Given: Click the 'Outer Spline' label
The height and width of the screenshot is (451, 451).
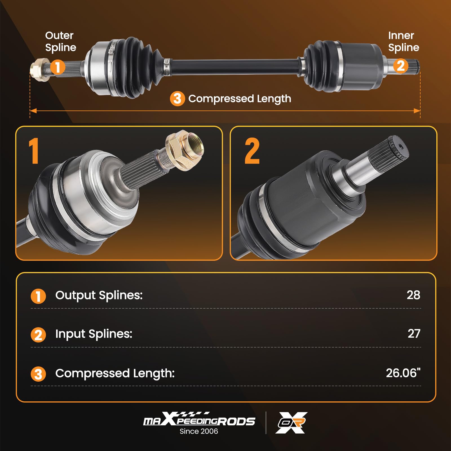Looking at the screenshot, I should (x=60, y=41).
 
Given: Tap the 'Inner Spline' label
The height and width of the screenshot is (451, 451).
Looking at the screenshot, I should (x=403, y=41).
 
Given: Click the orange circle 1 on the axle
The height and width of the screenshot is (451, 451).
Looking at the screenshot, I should (x=58, y=67).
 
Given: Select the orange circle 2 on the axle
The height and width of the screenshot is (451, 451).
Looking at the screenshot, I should (x=401, y=66).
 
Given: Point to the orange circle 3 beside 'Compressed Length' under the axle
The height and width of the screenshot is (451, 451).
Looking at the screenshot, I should (x=177, y=99).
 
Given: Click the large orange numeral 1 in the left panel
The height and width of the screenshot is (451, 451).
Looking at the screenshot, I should (x=34, y=151).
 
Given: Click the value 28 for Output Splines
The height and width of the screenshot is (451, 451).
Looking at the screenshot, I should (x=413, y=295).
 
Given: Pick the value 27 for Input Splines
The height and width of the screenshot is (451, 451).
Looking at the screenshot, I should (x=414, y=334).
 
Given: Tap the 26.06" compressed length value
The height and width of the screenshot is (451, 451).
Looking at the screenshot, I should (x=403, y=373).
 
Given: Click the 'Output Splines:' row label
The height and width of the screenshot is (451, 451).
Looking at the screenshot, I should (x=99, y=295).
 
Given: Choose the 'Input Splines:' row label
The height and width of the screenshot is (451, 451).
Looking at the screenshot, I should (x=94, y=334).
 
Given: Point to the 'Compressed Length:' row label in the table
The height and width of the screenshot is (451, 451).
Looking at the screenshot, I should (x=115, y=373).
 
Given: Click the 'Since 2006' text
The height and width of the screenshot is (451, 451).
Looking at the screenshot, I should (x=199, y=431).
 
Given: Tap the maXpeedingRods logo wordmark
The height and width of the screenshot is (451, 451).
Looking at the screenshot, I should (x=199, y=420).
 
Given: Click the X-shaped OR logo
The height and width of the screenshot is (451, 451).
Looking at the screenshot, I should (x=291, y=423).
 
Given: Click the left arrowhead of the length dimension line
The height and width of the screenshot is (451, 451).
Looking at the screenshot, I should (x=33, y=111).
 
